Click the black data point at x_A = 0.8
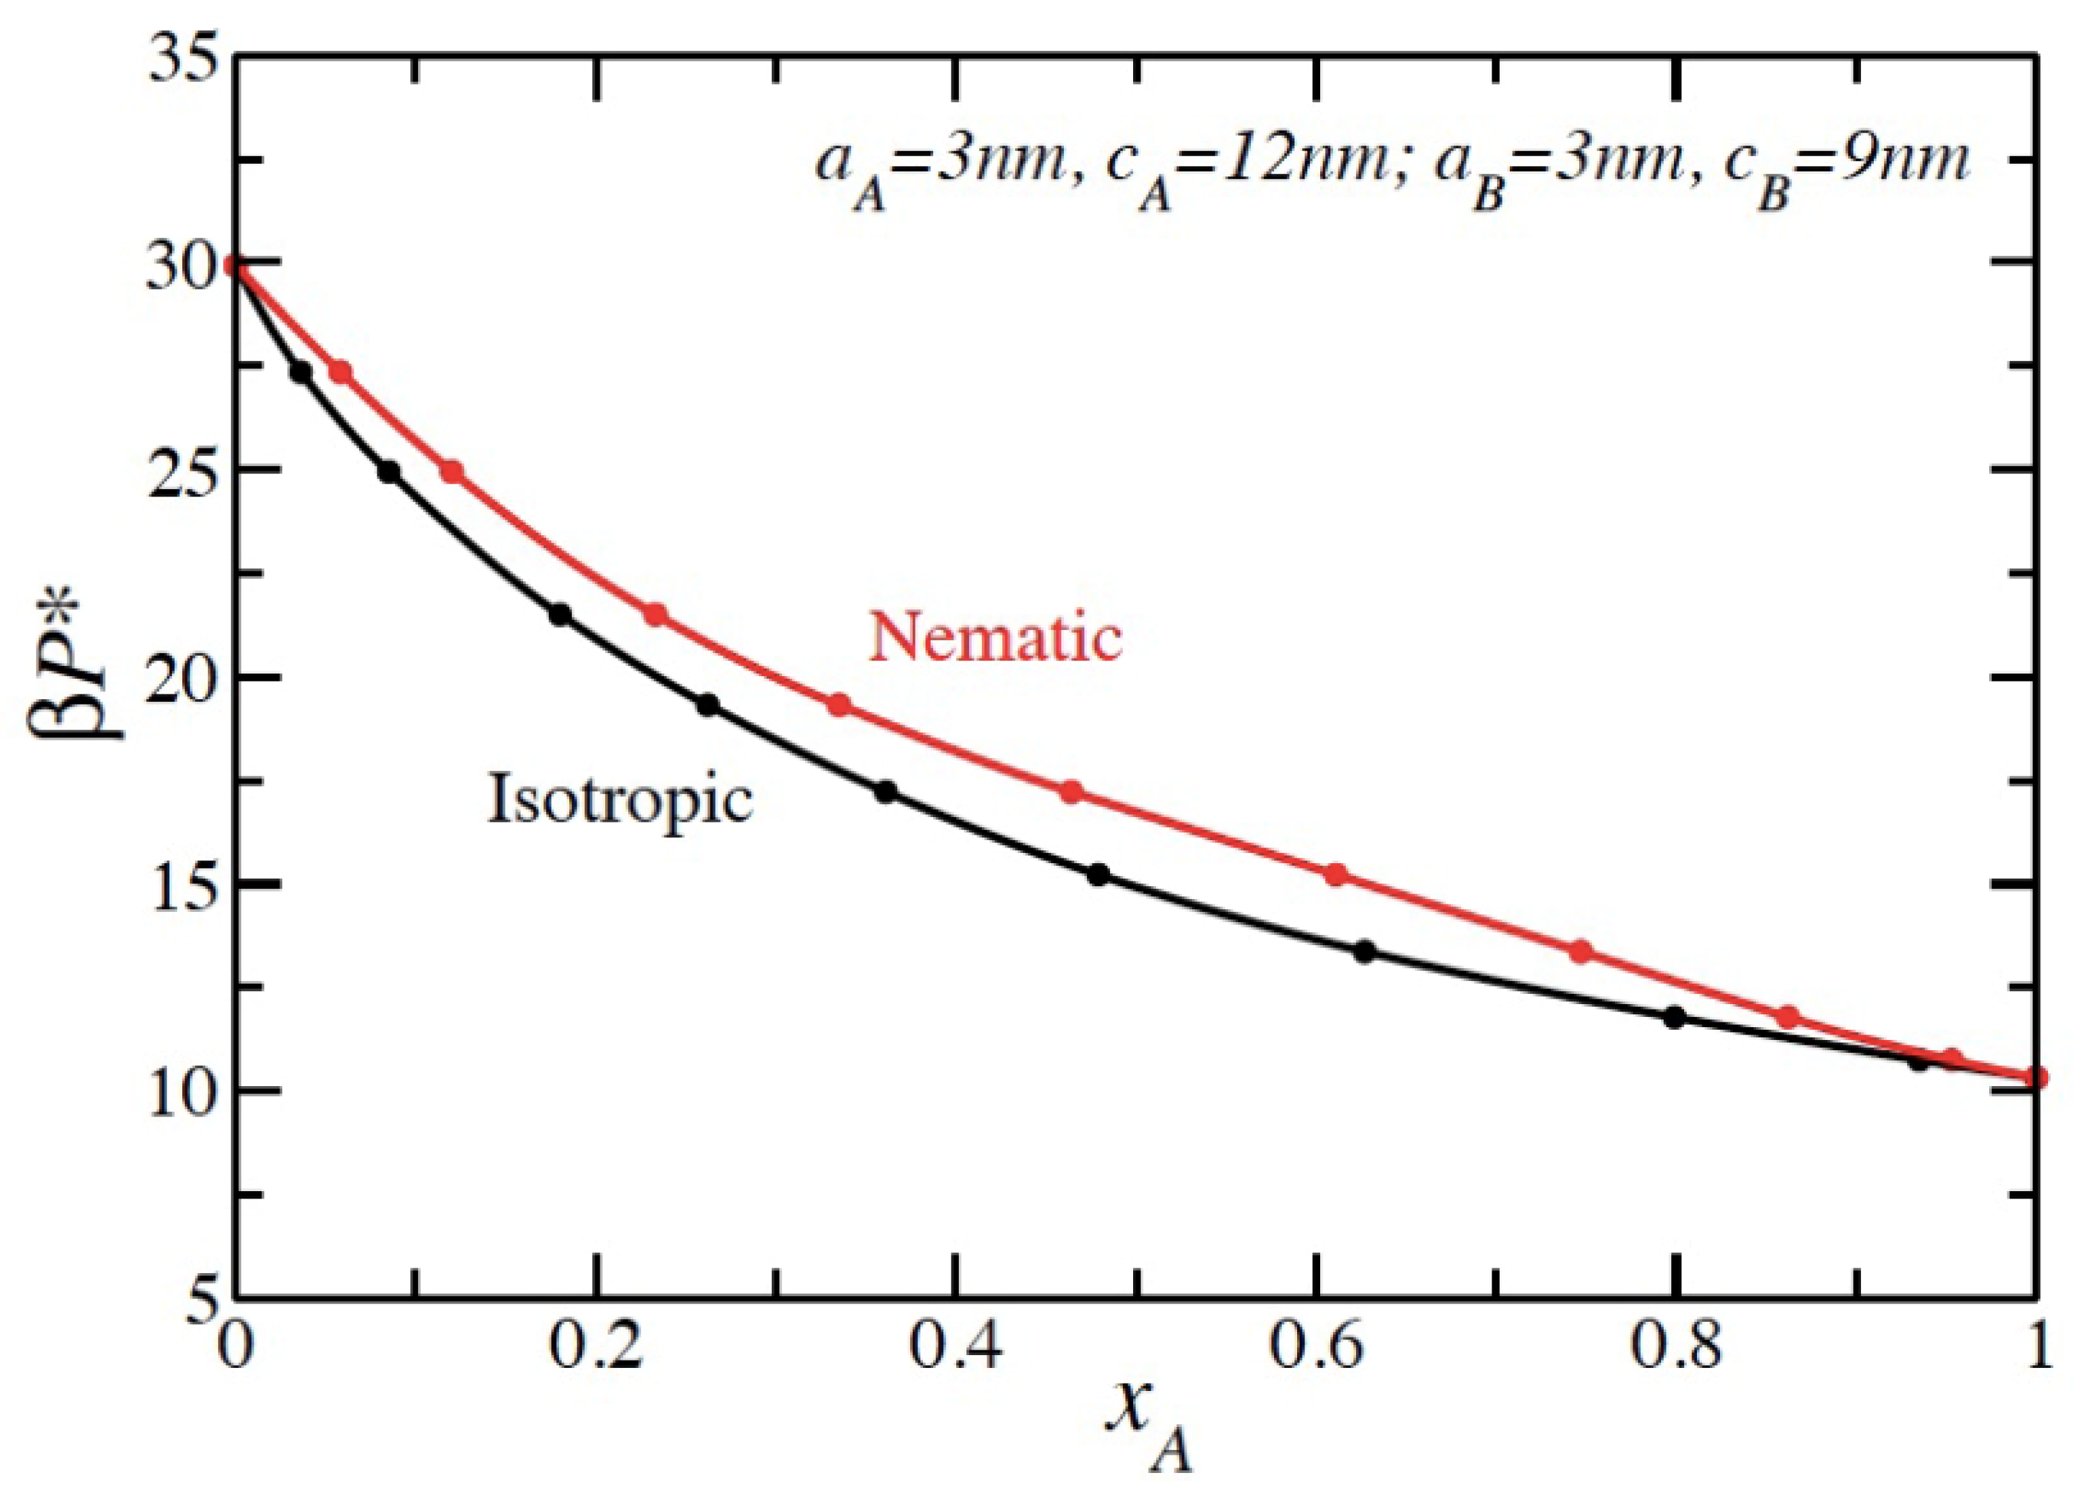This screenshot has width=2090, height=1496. [x=1675, y=1018]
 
